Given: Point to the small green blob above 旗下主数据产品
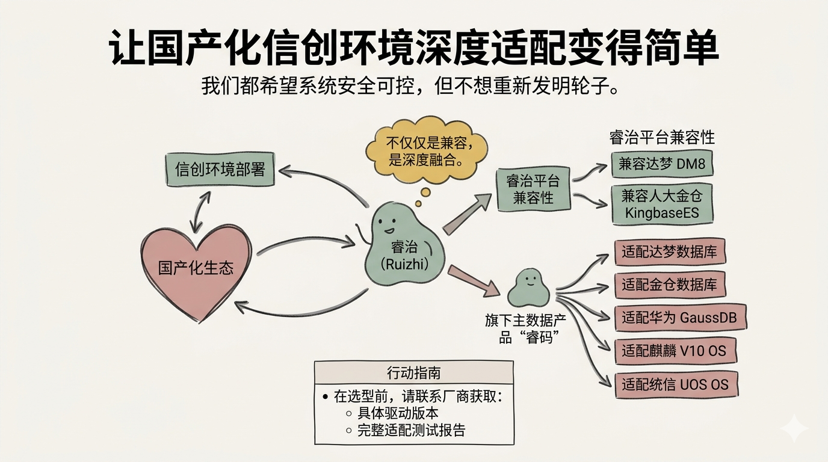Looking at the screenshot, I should point(528,289).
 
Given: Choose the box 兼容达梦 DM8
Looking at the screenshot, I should point(661,164).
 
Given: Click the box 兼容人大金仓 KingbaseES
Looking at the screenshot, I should point(663,204).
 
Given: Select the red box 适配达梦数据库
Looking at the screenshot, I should point(669,252).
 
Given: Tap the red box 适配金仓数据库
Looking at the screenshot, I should point(669,285).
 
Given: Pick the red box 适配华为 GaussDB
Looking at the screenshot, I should point(680,318).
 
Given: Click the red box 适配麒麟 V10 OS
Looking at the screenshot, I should point(675,351).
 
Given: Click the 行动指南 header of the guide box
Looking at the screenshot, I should point(414,372).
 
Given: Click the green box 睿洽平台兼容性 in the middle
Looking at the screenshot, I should point(533,189).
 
